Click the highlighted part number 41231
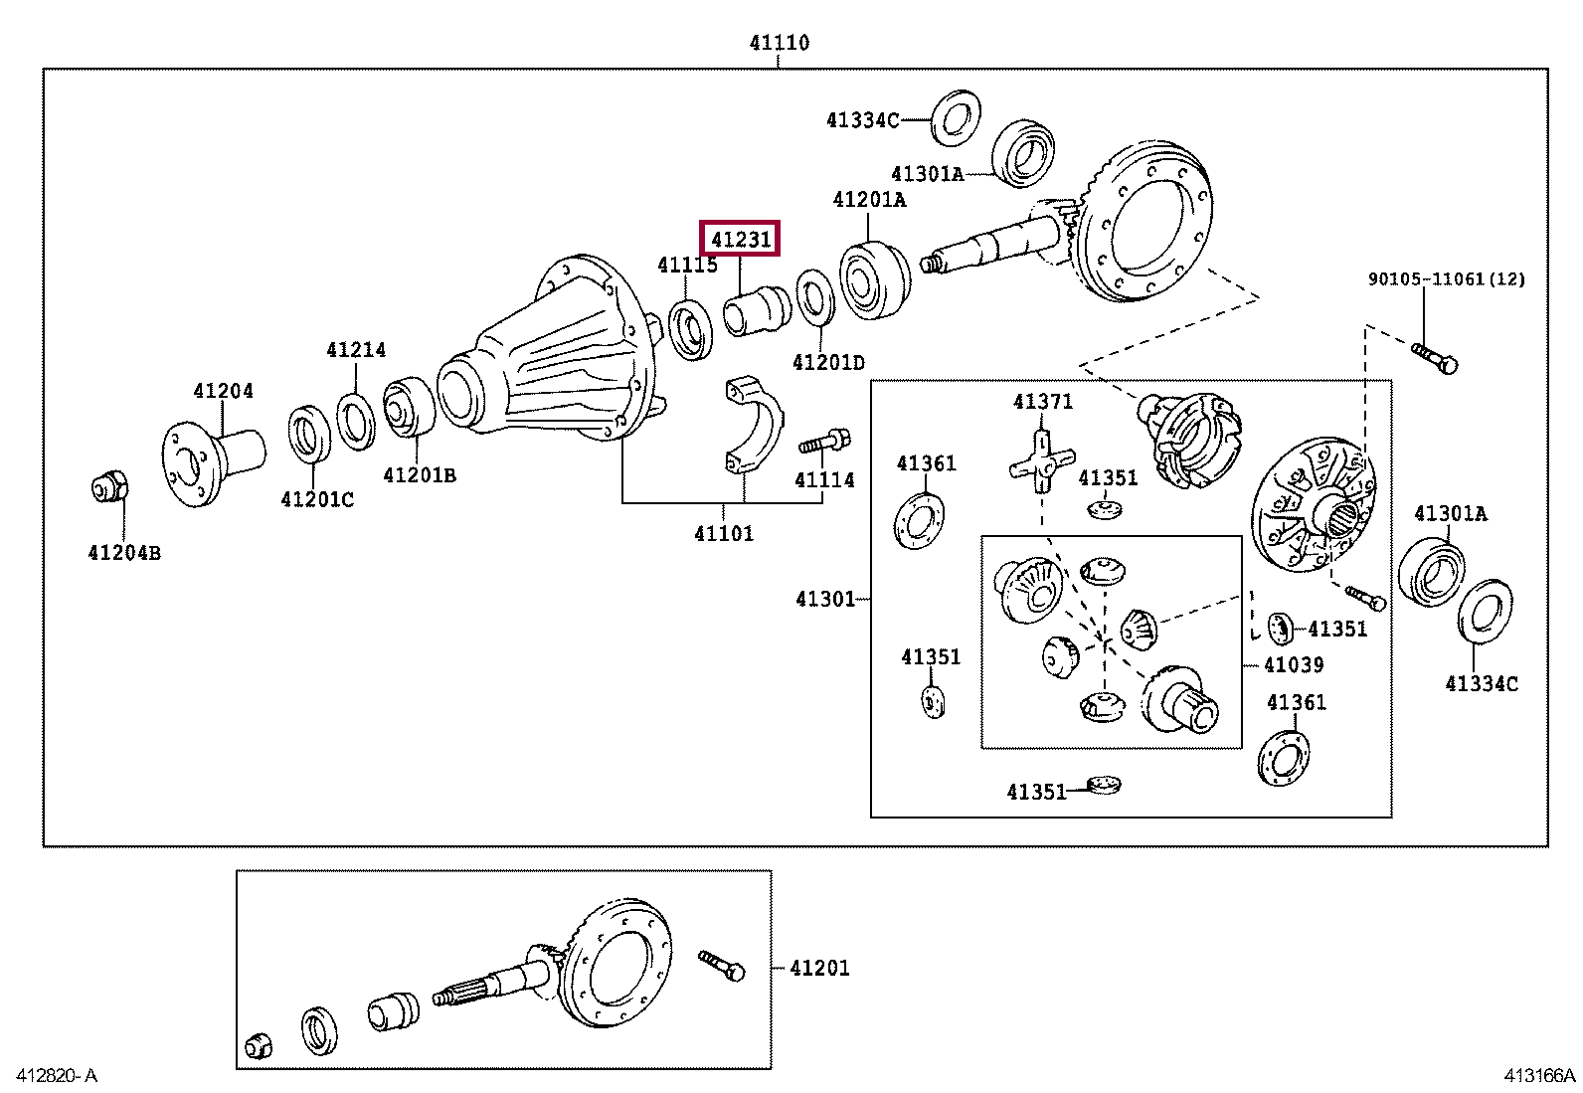pos(741,240)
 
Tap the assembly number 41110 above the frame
pos(779,43)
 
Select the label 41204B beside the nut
pos(124,553)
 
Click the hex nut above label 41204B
pos(109,488)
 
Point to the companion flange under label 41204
pos(210,458)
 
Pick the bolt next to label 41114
pos(823,441)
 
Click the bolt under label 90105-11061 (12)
pos(1434,356)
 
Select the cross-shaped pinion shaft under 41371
pos(1041,462)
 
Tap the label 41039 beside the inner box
pos(1293,664)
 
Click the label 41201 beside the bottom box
pos(819,968)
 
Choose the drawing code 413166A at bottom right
pos(1539,1075)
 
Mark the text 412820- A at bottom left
pos(57,1075)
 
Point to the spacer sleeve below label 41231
pos(757,308)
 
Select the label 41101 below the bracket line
pos(723,534)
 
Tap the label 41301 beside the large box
pos(824,599)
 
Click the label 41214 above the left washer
pos(356,350)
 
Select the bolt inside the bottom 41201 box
pos(722,964)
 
